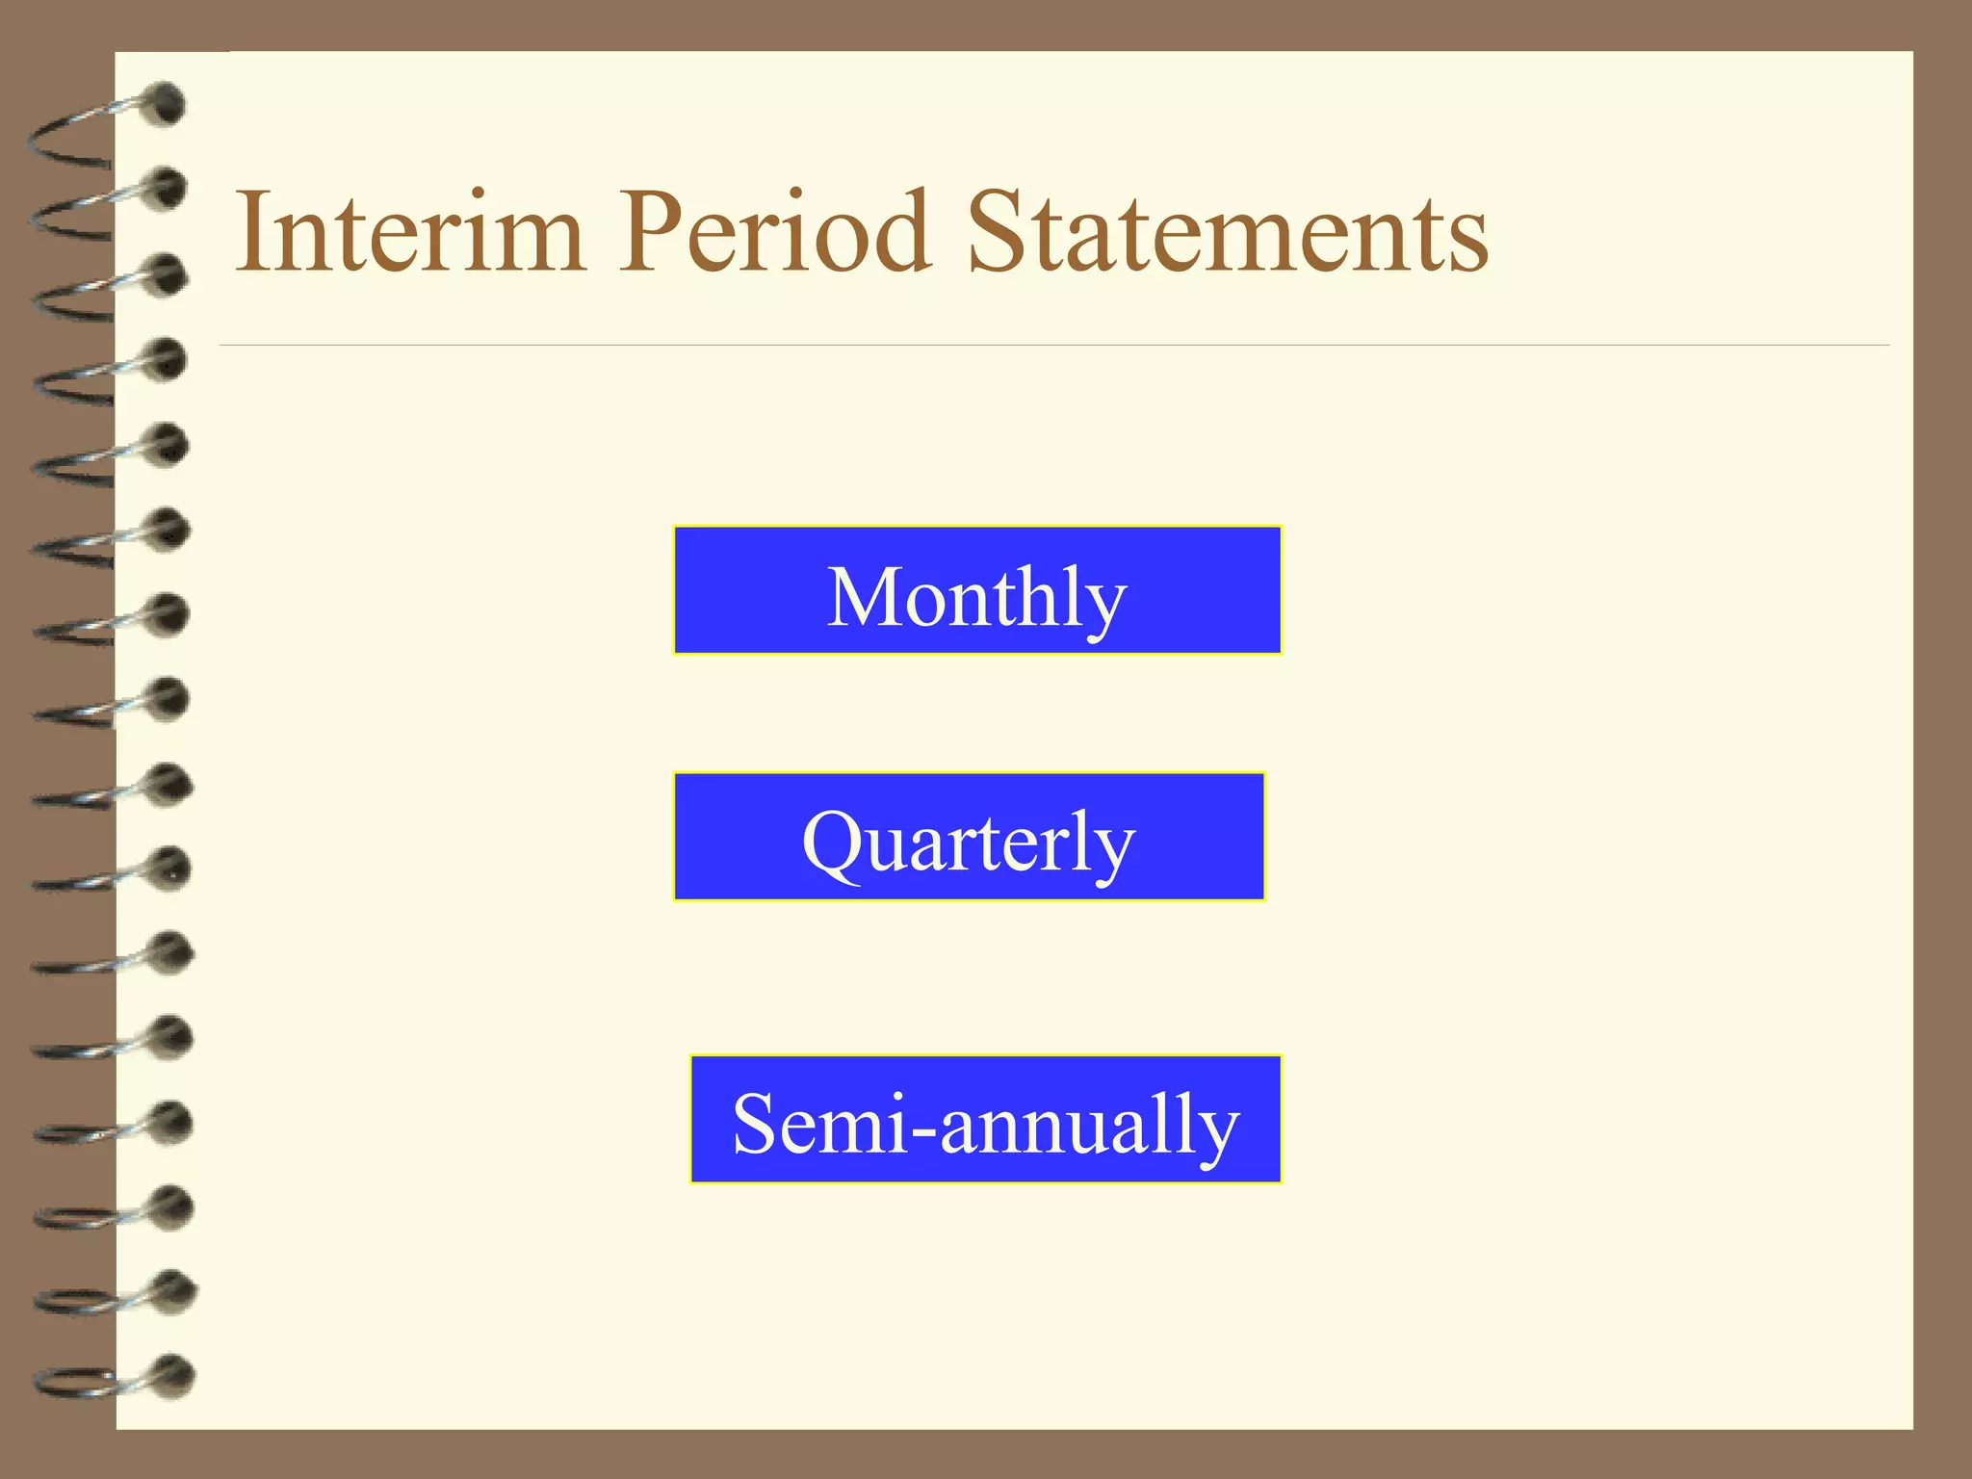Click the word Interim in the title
410,232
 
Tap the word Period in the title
775,232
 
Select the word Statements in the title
1228,232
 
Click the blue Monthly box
977,590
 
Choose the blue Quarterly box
969,837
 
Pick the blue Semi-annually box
986,1119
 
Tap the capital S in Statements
1001,232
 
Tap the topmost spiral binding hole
167,104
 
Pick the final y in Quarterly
1113,855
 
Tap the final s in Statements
1467,243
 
